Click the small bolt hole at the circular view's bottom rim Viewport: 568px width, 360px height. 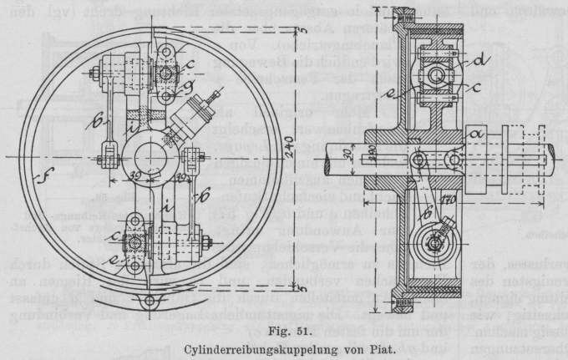pos(148,300)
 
